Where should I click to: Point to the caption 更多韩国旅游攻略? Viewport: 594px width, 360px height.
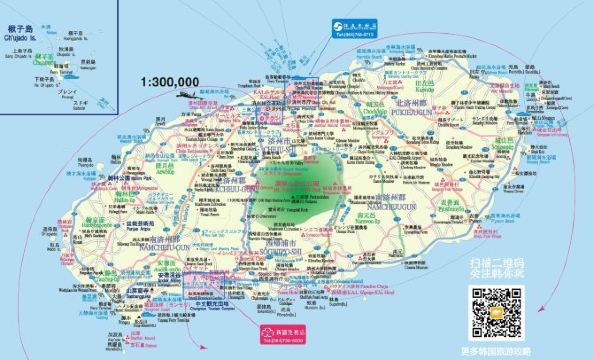[500, 350]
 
